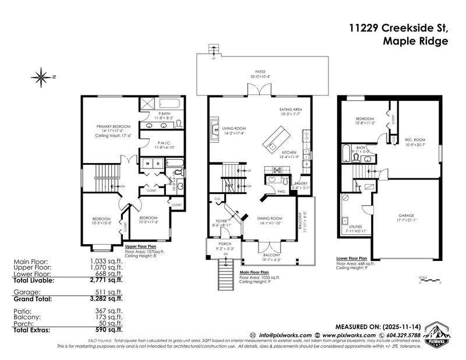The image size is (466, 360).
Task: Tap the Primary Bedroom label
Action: (114, 126)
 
